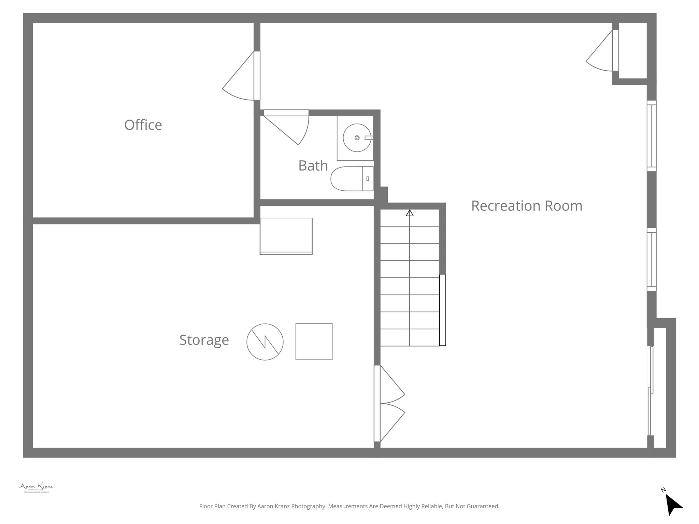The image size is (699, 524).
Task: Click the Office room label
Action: click(143, 125)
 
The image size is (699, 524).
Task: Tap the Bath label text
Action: click(313, 165)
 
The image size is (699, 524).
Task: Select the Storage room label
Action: click(204, 340)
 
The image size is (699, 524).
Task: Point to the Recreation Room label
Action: click(527, 206)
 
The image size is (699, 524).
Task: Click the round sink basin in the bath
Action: click(357, 138)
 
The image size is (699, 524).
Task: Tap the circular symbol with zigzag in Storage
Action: click(265, 341)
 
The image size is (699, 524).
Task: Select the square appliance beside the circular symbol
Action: click(314, 341)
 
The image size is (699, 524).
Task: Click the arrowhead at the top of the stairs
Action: click(410, 213)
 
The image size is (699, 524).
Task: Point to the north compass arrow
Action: click(673, 505)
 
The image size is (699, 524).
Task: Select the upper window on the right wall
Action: click(652, 136)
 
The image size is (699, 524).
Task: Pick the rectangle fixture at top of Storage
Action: click(286, 236)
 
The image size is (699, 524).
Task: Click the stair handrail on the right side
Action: click(442, 310)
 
